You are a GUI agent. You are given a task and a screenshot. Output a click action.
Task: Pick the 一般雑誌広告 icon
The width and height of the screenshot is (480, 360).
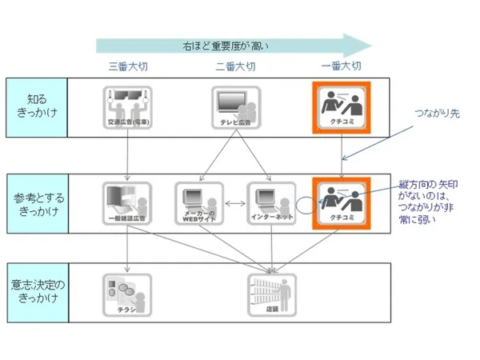click(127, 203)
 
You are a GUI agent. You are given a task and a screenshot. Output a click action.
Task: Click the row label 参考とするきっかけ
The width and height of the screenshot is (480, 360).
click(37, 203)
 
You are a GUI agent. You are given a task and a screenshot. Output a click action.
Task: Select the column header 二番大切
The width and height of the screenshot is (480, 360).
click(235, 66)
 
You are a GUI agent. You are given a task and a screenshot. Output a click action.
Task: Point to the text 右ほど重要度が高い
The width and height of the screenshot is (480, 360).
click(225, 45)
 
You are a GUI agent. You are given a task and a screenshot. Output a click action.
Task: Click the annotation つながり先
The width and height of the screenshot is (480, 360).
click(438, 114)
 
